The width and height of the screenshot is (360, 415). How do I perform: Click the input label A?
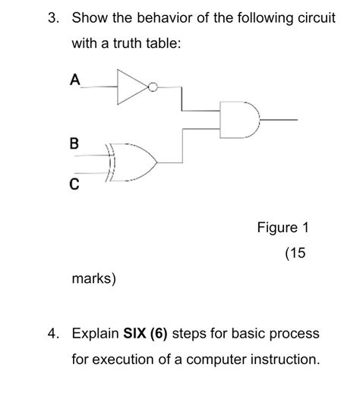(x=74, y=78)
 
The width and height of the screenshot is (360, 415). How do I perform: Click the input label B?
(x=74, y=142)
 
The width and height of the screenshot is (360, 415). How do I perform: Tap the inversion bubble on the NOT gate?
(x=152, y=86)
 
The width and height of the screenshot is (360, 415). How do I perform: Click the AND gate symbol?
(x=238, y=119)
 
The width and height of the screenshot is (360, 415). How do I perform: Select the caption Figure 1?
(x=283, y=228)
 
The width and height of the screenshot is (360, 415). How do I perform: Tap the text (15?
(x=295, y=253)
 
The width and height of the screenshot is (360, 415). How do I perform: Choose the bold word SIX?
(x=135, y=333)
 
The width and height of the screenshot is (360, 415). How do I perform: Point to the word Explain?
(x=95, y=333)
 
